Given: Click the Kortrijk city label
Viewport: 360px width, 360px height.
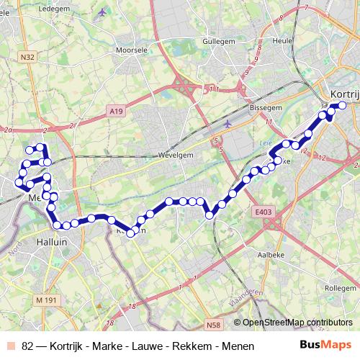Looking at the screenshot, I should click(x=343, y=94).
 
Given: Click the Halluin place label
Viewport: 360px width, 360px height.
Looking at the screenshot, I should click(x=51, y=243).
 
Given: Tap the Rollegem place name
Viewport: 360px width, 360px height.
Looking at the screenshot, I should click(x=340, y=287).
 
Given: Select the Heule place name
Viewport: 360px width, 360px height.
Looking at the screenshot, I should click(x=283, y=40).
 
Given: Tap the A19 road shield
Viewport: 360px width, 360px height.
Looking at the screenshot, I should click(x=117, y=110).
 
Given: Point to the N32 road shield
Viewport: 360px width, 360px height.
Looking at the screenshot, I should click(x=28, y=57).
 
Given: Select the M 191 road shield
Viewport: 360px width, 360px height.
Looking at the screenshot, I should click(x=45, y=300).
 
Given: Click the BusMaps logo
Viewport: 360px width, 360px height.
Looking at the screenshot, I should click(x=325, y=345).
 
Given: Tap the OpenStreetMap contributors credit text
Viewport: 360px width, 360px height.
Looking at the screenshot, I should click(x=297, y=323).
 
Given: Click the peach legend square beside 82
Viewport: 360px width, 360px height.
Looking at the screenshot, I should click(x=10, y=346).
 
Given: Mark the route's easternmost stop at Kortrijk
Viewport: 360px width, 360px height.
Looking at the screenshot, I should click(x=342, y=106).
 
